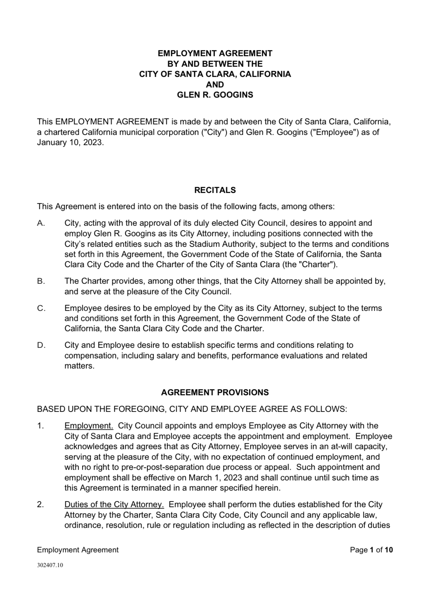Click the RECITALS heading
coord(215,190)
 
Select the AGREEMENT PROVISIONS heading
coord(215,392)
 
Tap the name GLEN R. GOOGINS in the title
coord(215,95)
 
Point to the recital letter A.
coord(41,223)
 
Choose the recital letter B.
coord(41,281)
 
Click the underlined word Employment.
coord(89,426)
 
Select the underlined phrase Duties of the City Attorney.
coord(114,504)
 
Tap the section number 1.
coord(40,426)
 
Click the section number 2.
coord(40,504)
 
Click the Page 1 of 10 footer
coord(371,550)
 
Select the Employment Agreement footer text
coord(78,550)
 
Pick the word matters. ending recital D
coord(79,366)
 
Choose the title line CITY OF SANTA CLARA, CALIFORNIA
coord(215,74)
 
